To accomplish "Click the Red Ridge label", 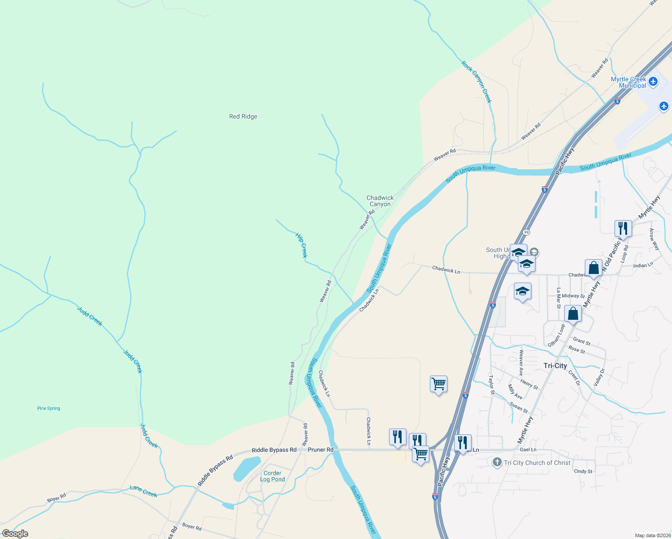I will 243,117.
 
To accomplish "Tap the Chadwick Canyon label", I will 380,201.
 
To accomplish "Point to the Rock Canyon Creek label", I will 476,82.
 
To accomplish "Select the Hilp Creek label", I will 302,245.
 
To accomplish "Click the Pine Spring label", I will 49,408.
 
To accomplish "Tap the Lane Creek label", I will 143,491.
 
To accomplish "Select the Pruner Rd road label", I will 321,450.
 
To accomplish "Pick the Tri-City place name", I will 555,366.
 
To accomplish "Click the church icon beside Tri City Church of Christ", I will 497,462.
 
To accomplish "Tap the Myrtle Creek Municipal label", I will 628,82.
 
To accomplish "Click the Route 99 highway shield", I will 526,232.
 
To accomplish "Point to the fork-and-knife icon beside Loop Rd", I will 623,228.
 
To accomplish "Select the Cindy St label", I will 583,471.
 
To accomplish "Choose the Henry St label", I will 529,384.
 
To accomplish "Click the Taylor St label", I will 491,385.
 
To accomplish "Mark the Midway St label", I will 573,296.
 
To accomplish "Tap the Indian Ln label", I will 643,265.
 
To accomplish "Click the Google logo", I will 15,533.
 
